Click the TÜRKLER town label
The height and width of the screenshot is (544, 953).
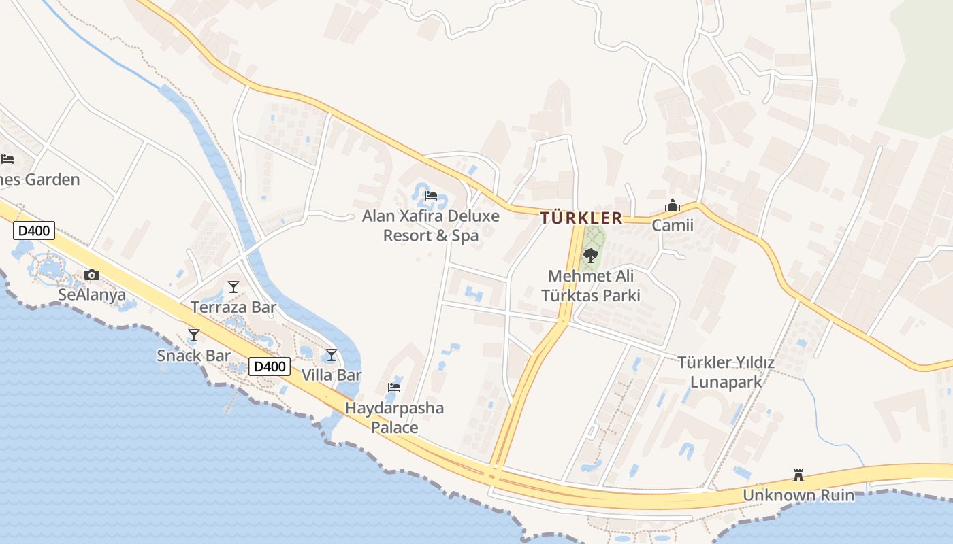coord(581,218)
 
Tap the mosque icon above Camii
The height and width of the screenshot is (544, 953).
coord(673,205)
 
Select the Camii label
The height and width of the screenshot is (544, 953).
coord(673,225)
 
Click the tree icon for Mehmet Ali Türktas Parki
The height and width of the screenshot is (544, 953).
coord(591,256)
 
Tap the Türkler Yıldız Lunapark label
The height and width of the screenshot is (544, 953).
coord(726,372)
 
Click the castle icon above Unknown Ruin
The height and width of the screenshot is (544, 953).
coord(798,475)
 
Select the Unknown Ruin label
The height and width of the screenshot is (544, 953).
coord(798,495)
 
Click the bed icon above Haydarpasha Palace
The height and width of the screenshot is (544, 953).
coord(394,388)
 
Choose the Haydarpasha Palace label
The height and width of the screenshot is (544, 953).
coord(394,418)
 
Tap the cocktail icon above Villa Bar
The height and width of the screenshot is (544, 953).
coord(332,355)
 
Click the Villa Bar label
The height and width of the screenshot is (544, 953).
coord(332,375)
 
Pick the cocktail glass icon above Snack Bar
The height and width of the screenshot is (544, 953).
coord(194,335)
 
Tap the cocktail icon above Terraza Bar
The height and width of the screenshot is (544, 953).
coord(233,287)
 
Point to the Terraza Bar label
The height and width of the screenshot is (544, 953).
coord(233,307)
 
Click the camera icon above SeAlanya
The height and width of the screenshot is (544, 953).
coord(92,275)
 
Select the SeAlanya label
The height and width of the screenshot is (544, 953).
coord(92,295)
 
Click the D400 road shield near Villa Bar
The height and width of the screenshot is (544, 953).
coord(270,367)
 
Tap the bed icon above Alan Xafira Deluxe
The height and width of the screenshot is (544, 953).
coord(430,196)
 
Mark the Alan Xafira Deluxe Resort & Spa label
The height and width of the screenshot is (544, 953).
coord(430,226)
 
